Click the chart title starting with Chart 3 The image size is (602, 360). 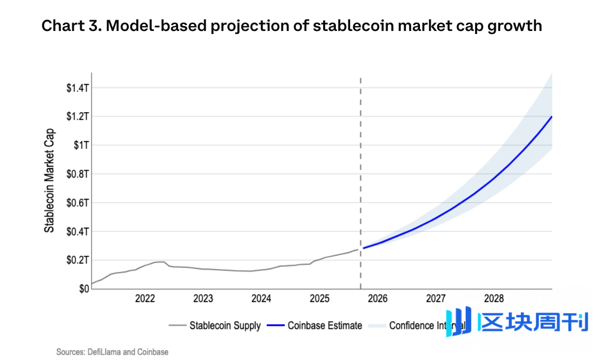pos(292,26)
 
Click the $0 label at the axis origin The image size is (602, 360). pos(84,289)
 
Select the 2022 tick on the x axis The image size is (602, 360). pos(145,299)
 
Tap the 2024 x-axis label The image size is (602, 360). pos(261,299)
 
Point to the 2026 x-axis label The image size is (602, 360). pos(378,299)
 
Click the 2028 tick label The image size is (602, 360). pos(494,299)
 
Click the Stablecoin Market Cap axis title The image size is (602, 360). pos(50,180)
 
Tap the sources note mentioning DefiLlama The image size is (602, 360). pos(112,352)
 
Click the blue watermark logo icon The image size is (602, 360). pos(458,322)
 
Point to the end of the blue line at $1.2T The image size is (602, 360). pos(551,117)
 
